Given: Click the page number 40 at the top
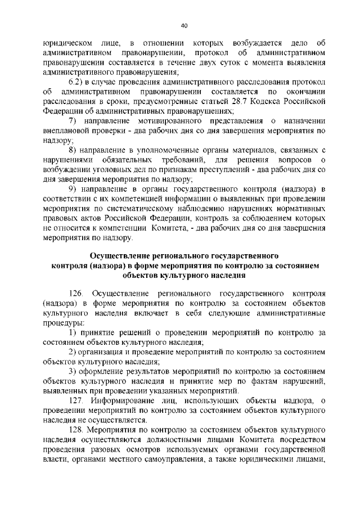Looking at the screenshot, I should point(184,25).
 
